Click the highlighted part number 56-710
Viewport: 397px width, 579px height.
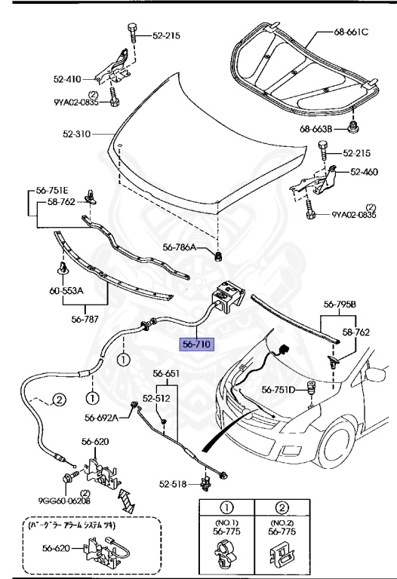196,344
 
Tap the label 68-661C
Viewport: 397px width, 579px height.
351,32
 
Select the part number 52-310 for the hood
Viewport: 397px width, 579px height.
76,133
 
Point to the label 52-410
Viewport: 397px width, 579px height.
67,79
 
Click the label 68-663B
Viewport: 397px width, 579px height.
316,129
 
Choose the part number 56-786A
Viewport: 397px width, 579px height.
180,247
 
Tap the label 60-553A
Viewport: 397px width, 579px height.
66,291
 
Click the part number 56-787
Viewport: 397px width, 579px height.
85,319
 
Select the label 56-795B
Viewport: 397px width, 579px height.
340,305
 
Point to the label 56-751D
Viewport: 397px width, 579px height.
279,390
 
